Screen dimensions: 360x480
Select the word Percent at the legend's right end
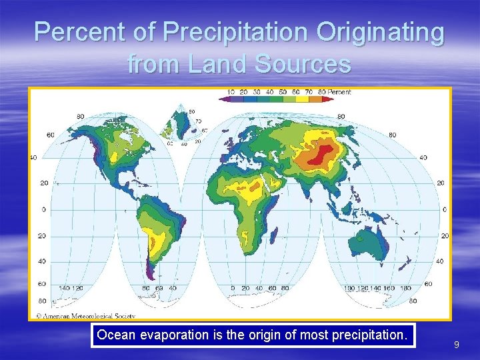pos(339,92)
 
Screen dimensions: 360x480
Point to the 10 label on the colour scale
pos(231,92)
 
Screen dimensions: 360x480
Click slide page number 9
pos(456,345)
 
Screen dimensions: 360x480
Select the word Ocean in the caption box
pos(115,335)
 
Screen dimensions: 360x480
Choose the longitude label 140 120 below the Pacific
pos(72,289)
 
